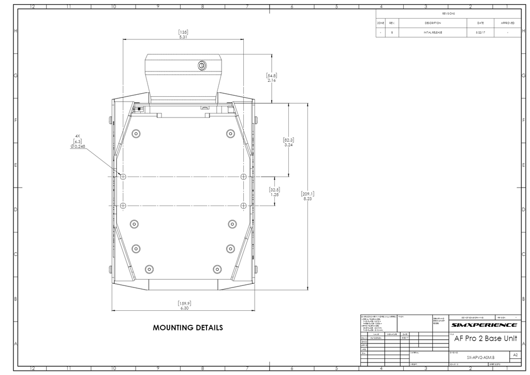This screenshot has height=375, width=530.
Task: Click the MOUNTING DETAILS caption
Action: [188, 328]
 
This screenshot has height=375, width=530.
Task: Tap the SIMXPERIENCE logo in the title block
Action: [483, 325]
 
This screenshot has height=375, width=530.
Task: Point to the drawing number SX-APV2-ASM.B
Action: [480, 357]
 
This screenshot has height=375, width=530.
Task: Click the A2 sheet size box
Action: [514, 355]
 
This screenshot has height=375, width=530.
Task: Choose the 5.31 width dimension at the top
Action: [183, 37]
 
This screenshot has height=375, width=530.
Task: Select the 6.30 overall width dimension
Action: [184, 308]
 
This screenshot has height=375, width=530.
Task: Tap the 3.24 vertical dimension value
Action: [289, 146]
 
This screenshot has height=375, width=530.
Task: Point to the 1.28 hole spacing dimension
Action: [274, 195]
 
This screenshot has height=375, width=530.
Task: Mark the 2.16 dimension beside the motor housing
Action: [272, 81]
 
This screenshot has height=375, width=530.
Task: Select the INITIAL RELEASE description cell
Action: [433, 33]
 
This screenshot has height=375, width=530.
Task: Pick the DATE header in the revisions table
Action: [480, 23]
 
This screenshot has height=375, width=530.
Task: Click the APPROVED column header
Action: [507, 23]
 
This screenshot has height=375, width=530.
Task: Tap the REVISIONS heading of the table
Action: [448, 13]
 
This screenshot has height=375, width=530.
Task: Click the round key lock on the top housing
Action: [202, 65]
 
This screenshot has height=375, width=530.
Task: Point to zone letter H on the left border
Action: [16, 31]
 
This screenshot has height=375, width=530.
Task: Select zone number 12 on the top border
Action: [33, 6]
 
